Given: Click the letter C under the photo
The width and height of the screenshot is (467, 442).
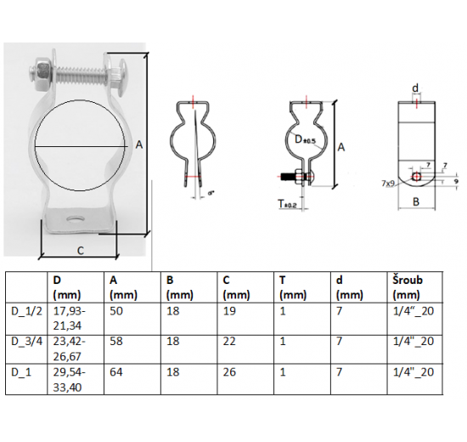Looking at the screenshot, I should (x=79, y=250).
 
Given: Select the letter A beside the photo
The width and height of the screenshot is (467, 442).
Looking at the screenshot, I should (x=138, y=145).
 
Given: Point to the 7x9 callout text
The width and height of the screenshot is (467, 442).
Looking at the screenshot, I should (x=390, y=183).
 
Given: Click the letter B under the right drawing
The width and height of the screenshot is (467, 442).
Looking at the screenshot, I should (x=415, y=201).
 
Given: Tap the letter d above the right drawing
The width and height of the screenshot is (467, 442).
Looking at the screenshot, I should (x=414, y=88).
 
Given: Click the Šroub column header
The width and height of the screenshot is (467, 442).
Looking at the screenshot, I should (x=407, y=280).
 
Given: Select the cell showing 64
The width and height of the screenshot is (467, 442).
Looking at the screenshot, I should (x=116, y=371).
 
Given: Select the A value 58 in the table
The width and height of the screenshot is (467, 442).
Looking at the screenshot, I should (x=116, y=341).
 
